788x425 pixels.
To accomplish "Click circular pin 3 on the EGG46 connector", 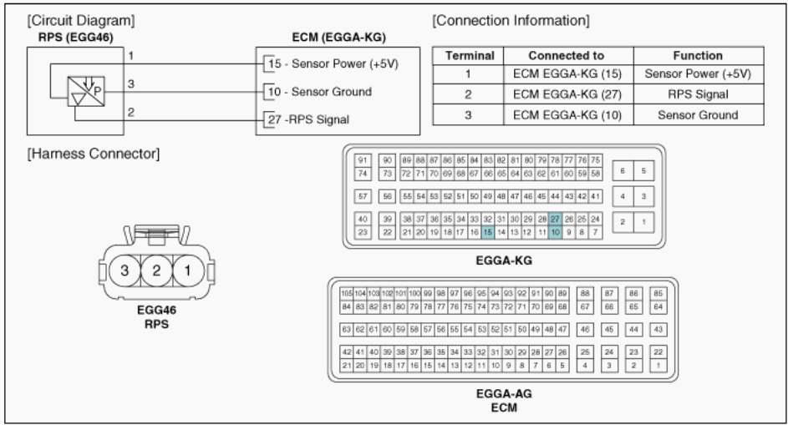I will [x=123, y=271].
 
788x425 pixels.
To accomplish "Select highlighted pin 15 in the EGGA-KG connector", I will [x=488, y=232].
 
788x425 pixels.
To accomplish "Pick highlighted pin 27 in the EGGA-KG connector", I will [x=555, y=219].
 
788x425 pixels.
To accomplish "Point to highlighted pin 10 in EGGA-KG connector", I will [x=555, y=232].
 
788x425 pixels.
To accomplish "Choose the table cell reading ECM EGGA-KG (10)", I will [x=566, y=114].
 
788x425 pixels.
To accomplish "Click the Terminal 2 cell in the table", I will [x=468, y=95].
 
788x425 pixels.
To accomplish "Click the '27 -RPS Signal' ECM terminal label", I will [x=308, y=119].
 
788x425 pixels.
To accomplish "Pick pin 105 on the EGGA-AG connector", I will [x=347, y=294].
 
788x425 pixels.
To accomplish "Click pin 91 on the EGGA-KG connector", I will [x=363, y=160].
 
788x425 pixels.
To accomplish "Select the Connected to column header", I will [x=566, y=56].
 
